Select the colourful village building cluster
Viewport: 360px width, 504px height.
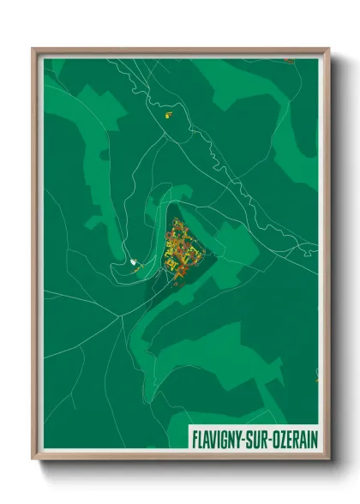(x=182, y=249)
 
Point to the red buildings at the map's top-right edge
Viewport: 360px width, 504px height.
(x=289, y=62)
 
